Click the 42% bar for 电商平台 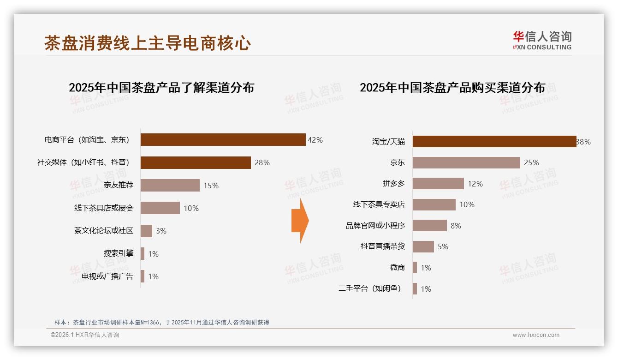tap(223, 140)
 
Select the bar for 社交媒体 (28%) tap(196, 162)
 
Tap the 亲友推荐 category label tap(119, 185)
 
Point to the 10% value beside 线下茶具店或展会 tap(191, 208)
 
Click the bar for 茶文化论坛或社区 tap(146, 231)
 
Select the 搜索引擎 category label tap(119, 253)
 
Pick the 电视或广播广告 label tap(107, 276)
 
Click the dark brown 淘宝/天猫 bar tap(494, 142)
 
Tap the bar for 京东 tap(466, 162)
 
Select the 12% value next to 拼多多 tap(475, 184)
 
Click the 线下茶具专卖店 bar tap(434, 204)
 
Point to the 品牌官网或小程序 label tap(375, 226)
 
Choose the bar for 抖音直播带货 tap(423, 246)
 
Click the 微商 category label tap(397, 268)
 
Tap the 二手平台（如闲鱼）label tap(370, 289)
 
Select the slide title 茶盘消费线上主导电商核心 tap(148, 43)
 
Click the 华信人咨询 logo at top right tap(542, 41)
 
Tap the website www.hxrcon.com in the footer tap(536, 335)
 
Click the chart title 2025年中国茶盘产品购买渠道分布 tap(452, 88)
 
